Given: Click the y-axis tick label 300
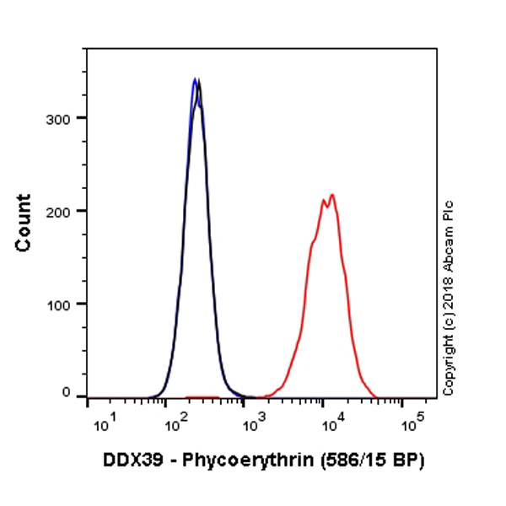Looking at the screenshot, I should point(57,117).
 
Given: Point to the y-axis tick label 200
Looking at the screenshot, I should point(57,210).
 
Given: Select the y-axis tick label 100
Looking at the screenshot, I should point(57,303).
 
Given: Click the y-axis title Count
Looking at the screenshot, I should point(24,223).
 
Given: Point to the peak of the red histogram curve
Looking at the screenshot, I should point(332,196).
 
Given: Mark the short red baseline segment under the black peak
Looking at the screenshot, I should point(202,396).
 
